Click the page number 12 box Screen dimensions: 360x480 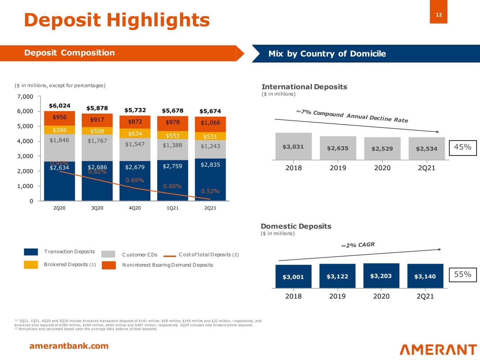[439, 15]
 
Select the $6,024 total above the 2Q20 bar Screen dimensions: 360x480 [59, 105]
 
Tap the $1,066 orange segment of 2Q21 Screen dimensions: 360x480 [210, 123]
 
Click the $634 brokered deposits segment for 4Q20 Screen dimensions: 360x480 [135, 134]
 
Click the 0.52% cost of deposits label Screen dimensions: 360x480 [210, 191]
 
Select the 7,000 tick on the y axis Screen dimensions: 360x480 [26, 96]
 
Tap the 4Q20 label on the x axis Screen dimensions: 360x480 [135, 208]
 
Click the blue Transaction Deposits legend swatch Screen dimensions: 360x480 [31, 252]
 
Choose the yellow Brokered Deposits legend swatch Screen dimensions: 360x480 [31, 265]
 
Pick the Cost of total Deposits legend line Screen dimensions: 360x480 [169, 256]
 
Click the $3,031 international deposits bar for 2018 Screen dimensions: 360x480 [293, 147]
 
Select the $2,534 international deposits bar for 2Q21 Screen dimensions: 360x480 [427, 148]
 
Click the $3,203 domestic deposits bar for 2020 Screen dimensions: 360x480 [381, 276]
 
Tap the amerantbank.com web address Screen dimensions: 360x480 [69, 346]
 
